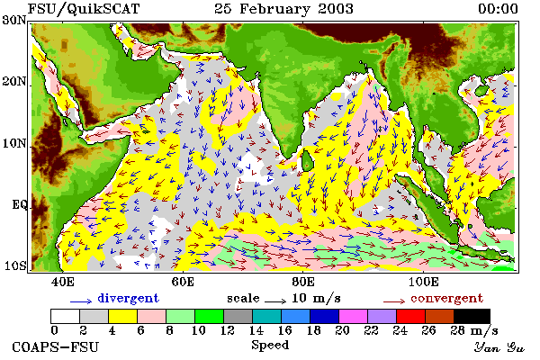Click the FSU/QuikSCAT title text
[x=84, y=9]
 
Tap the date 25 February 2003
[x=283, y=9]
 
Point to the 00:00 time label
[x=498, y=9]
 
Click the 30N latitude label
[x=14, y=20]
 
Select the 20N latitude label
[x=14, y=82]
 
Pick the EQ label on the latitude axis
[x=19, y=204]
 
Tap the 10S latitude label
[x=15, y=265]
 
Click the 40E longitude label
[x=63, y=282]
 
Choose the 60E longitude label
[x=183, y=282]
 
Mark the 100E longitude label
[x=424, y=282]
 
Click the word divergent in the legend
[x=128, y=298]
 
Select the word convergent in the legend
[x=446, y=298]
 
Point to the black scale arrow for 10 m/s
[x=275, y=301]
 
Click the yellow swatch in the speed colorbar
[x=123, y=316]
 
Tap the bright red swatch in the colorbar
[x=411, y=316]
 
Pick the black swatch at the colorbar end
[x=472, y=316]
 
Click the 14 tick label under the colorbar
[x=256, y=330]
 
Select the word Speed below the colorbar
[x=270, y=346]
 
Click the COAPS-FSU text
[x=56, y=346]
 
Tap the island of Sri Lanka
[x=307, y=161]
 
